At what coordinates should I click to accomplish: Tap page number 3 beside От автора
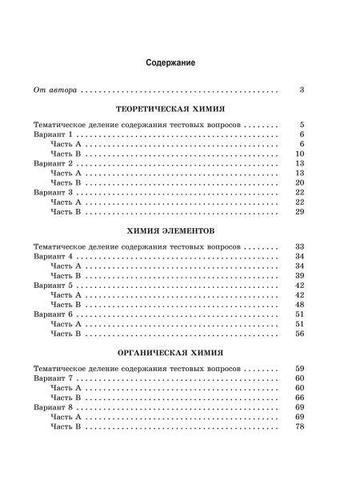tap(302, 90)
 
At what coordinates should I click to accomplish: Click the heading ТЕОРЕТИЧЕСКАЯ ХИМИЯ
tap(167, 108)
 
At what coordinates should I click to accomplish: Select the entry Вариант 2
tap(54, 163)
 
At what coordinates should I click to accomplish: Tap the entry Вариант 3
tap(54, 193)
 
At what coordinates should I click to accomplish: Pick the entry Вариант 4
tap(54, 256)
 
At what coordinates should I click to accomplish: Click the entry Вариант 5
tap(54, 286)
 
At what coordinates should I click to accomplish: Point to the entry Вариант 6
tap(54, 315)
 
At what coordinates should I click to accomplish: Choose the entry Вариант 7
tap(54, 377)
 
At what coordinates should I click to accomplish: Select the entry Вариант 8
tap(54, 406)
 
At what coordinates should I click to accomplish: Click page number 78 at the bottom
tap(300, 426)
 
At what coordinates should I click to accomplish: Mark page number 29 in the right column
tap(300, 213)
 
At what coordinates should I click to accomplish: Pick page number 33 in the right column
tap(300, 246)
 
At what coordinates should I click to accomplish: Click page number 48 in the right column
tap(300, 305)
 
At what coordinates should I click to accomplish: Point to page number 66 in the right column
tap(300, 397)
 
